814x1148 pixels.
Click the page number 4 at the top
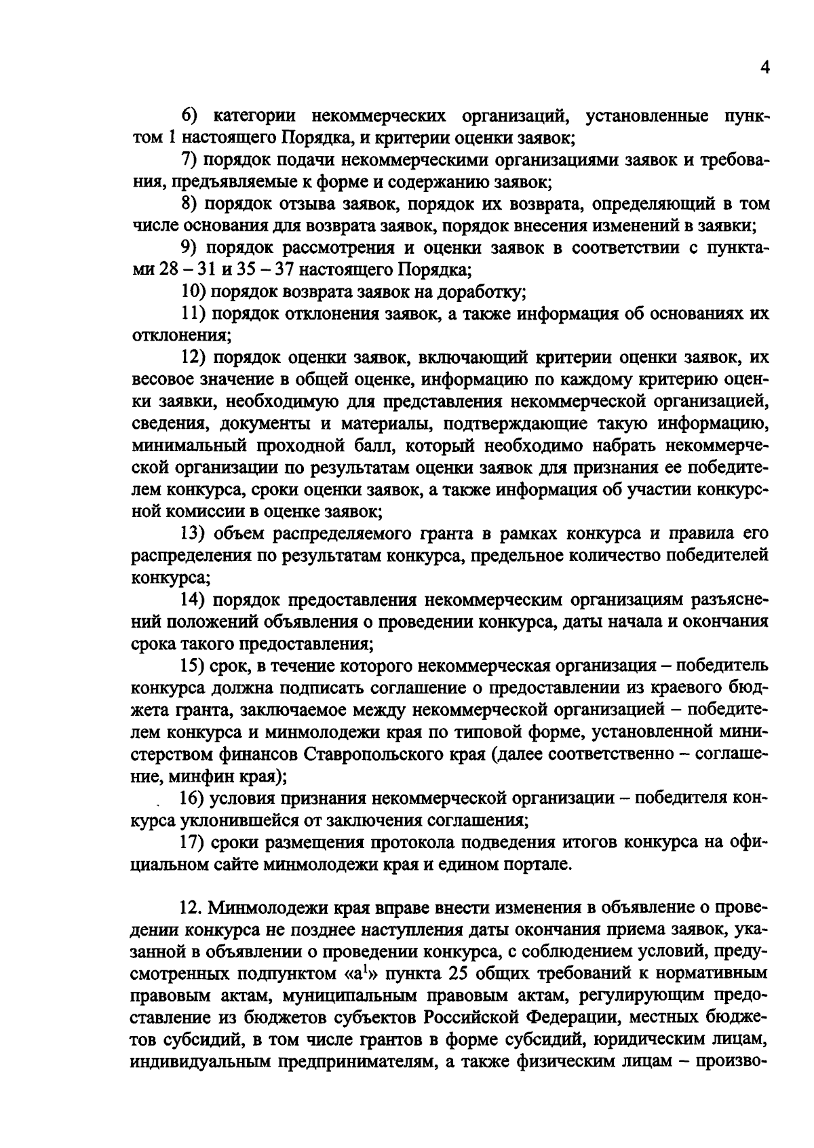[764, 68]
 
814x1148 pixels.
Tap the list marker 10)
[193, 292]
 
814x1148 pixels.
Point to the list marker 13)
[193, 533]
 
